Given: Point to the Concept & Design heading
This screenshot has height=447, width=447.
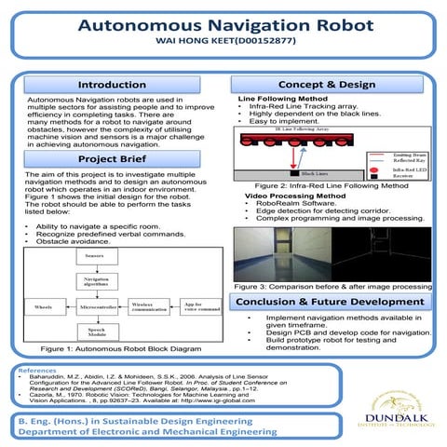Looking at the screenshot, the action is [x=327, y=85].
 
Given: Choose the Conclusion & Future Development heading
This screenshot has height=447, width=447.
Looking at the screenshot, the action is [x=329, y=303].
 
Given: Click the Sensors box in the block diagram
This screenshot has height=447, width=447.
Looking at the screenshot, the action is [x=94, y=255].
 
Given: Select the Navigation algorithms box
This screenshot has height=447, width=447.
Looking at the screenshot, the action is [x=94, y=281].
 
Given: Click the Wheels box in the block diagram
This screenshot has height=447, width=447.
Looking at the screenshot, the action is [x=43, y=306].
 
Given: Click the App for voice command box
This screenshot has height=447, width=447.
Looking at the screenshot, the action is [x=200, y=306].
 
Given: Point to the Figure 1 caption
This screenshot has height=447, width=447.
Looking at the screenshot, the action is [x=121, y=350].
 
